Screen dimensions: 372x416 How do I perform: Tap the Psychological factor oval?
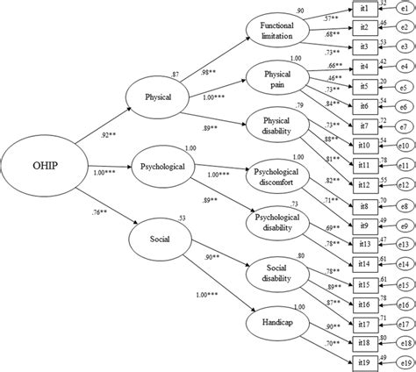(x=159, y=165)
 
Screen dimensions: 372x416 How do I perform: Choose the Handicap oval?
(x=279, y=322)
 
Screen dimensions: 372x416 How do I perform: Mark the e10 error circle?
(x=405, y=147)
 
